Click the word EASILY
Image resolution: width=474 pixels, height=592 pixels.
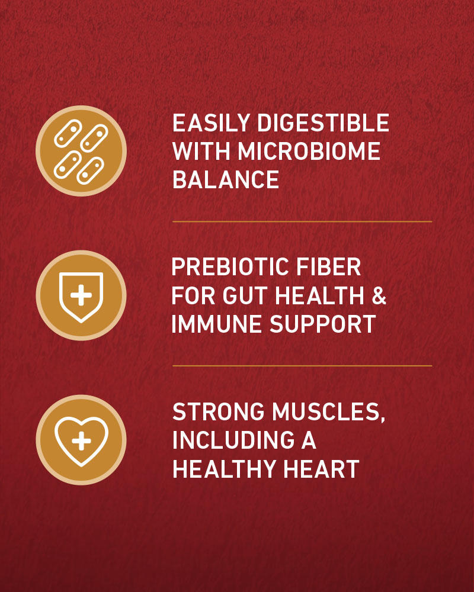tap(211, 123)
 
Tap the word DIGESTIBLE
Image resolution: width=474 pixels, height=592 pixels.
tap(323, 123)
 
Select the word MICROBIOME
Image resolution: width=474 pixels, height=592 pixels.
tap(309, 151)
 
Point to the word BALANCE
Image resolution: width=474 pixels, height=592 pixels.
tap(226, 179)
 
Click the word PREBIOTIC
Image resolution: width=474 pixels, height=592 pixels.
tap(230, 267)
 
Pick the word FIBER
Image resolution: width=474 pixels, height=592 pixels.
tap(328, 267)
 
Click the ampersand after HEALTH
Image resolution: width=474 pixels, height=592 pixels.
tap(379, 295)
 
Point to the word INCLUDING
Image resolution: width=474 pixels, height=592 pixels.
tap(233, 440)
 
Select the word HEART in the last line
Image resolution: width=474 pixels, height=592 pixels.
tap(321, 469)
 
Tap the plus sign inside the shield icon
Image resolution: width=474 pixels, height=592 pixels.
tap(81, 295)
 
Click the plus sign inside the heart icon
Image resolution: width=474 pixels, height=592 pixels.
tap(81, 440)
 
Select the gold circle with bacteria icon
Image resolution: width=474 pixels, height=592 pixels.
tap(81, 151)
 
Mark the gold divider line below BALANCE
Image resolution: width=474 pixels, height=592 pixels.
tap(302, 221)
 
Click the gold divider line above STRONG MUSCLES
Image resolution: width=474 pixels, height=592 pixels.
tap(302, 366)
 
